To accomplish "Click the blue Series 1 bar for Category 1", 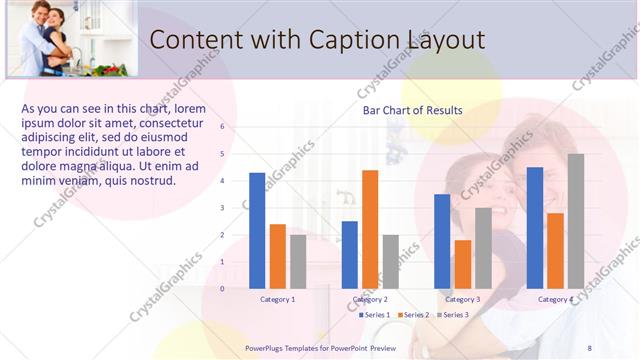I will tap(257, 231).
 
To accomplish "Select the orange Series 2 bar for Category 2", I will tap(370, 229).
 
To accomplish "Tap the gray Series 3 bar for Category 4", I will tap(576, 221).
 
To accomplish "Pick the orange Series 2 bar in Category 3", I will tap(463, 264).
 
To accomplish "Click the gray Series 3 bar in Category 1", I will tap(298, 261).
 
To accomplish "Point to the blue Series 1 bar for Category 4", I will tap(535, 228).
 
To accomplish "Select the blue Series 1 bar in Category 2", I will tap(350, 255).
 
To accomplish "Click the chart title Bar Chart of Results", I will tap(412, 110).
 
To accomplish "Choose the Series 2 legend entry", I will tap(414, 315).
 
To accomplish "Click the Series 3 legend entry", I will tap(452, 315).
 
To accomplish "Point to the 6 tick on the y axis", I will tap(222, 127).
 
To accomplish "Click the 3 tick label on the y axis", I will tap(222, 208).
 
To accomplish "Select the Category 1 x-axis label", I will tap(277, 300).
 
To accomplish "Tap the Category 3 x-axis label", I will tap(463, 300).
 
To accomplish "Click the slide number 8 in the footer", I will tap(589, 347).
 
